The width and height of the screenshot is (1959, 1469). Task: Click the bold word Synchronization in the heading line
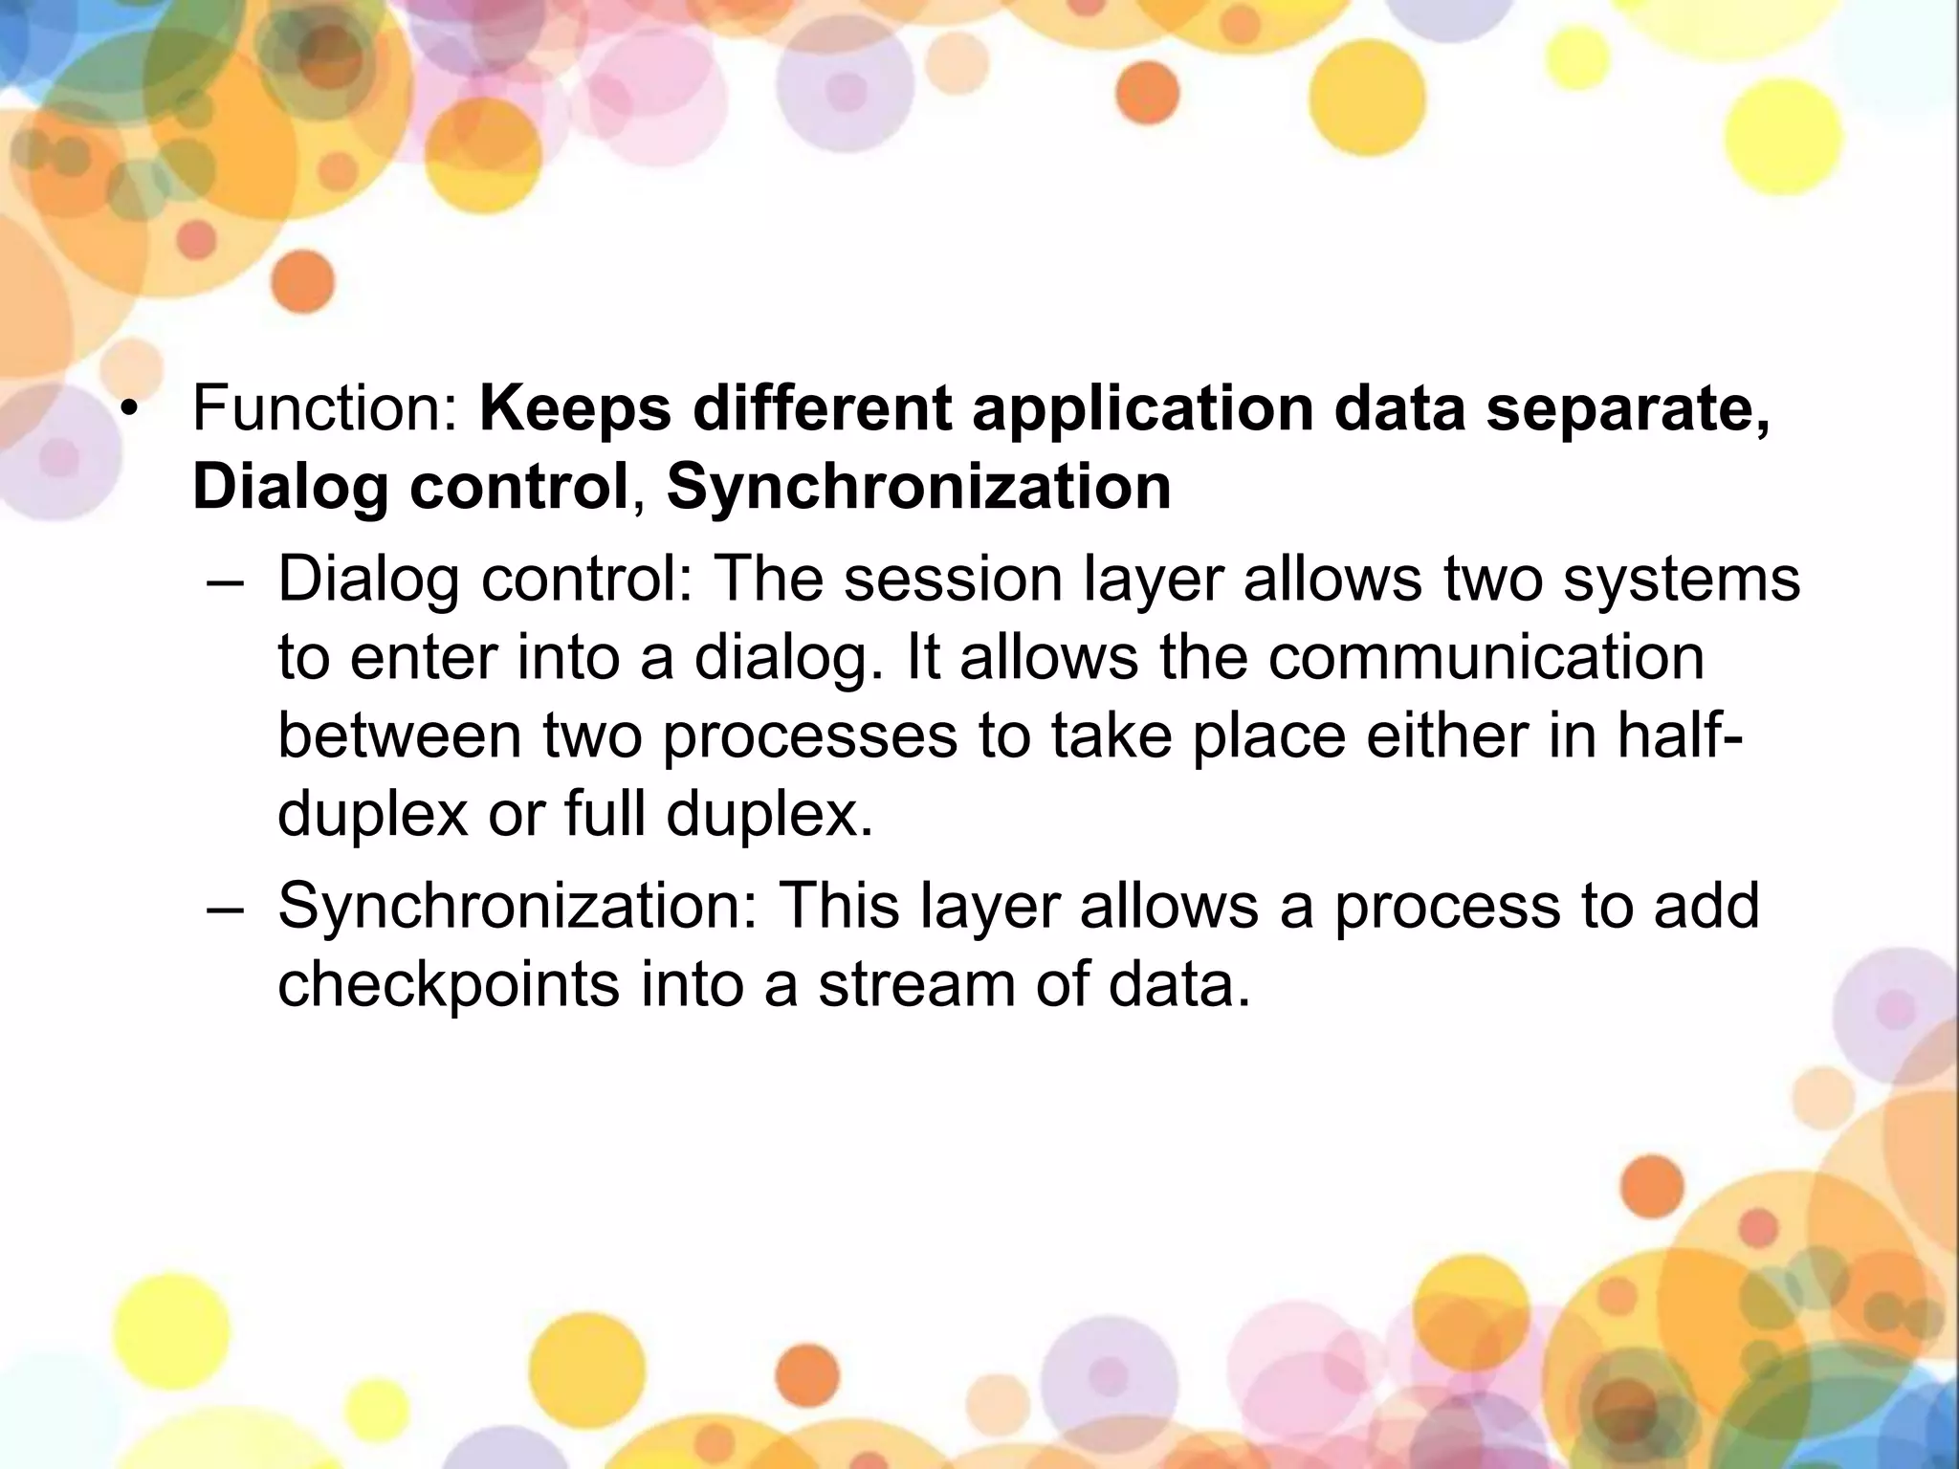pyautogui.click(x=918, y=488)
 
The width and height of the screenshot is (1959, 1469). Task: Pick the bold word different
pyautogui.click(x=822, y=409)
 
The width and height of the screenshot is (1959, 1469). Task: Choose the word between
pyautogui.click(x=400, y=736)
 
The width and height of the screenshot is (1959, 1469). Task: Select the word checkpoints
pyautogui.click(x=449, y=987)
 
